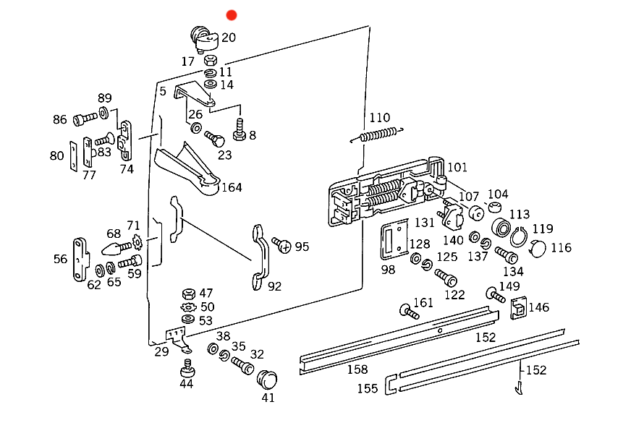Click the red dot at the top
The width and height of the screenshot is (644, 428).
click(232, 14)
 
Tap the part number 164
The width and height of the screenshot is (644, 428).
click(232, 187)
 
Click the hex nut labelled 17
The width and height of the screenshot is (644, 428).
click(211, 59)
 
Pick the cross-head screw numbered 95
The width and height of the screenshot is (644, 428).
click(281, 246)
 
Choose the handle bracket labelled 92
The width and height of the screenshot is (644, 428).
click(260, 257)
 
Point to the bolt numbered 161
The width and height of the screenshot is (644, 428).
click(409, 313)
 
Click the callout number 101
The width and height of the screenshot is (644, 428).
click(457, 168)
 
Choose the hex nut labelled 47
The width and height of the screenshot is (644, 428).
click(187, 294)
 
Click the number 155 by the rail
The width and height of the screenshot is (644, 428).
click(367, 388)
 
